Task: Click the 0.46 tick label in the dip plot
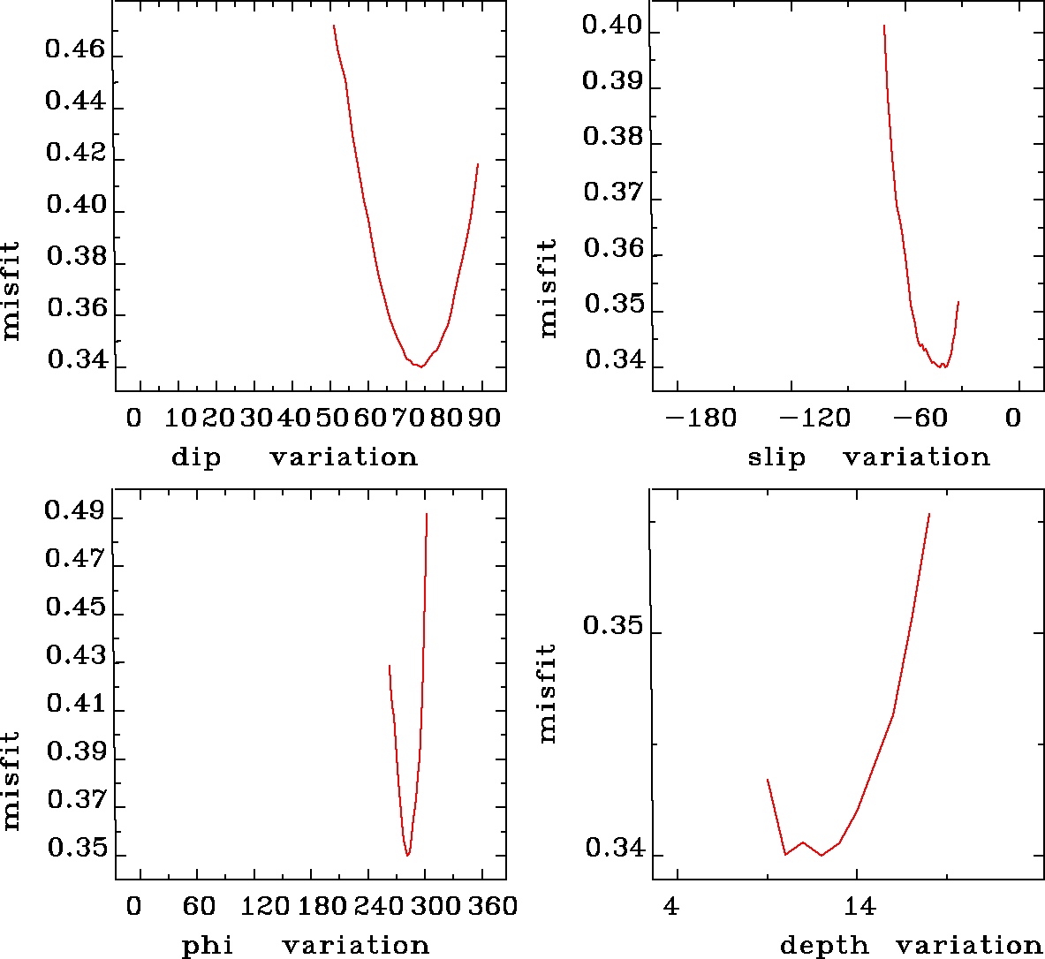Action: point(75,50)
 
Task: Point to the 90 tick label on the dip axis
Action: point(485,418)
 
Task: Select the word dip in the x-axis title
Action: point(195,457)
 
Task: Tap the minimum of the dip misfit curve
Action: point(422,366)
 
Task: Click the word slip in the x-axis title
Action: point(776,457)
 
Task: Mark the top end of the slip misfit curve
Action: point(883,26)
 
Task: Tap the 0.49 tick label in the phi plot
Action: point(75,512)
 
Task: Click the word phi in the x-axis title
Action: point(207,946)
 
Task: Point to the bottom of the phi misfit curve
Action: point(407,855)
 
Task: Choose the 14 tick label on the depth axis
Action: point(859,906)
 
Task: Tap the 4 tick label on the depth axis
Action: point(672,906)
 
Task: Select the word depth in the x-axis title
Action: point(823,946)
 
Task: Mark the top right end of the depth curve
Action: point(929,513)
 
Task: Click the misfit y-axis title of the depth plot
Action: point(548,693)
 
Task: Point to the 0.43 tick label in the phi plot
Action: point(75,657)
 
